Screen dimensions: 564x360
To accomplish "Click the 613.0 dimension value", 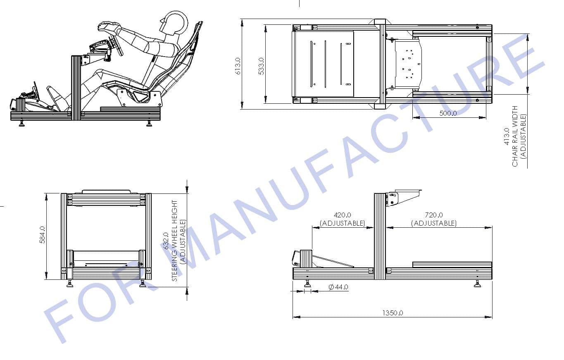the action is [x=238, y=66].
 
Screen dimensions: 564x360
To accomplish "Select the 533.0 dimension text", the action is [x=261, y=66].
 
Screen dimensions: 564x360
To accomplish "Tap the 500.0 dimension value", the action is [x=448, y=113].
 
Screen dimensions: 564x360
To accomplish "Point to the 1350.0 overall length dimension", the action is [x=393, y=313].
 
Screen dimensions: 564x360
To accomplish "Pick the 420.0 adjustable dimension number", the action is [x=343, y=215].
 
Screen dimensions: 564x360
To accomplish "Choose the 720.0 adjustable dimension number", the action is [x=434, y=215].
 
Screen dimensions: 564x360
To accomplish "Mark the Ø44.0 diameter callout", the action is [x=338, y=287].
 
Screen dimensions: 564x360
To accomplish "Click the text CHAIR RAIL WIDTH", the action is [x=515, y=136].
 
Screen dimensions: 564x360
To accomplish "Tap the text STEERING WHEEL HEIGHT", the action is [x=174, y=241].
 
